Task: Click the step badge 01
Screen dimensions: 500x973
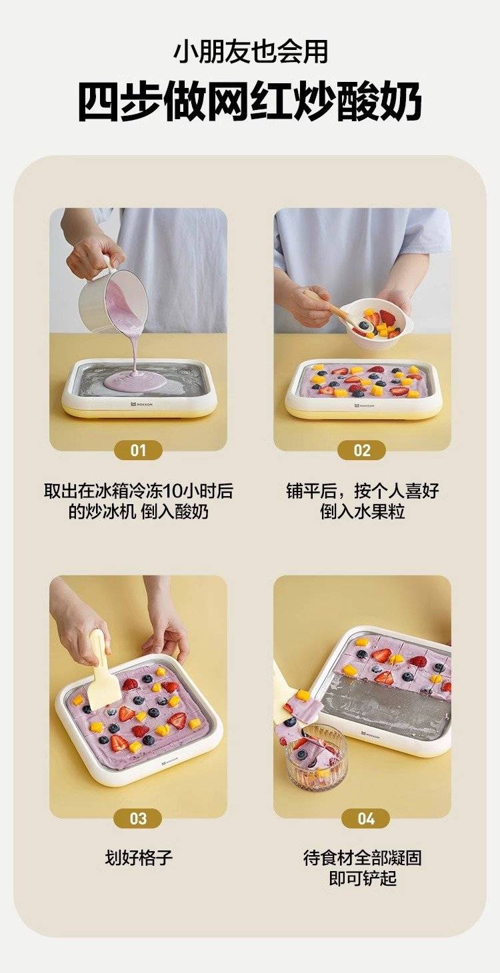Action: tap(138, 450)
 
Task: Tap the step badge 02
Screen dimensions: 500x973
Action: tap(362, 450)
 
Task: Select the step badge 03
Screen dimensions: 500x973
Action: tap(138, 818)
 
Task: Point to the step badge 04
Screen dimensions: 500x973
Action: tap(365, 818)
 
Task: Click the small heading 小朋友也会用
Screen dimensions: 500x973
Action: tap(251, 52)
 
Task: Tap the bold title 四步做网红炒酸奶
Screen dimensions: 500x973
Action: tap(250, 102)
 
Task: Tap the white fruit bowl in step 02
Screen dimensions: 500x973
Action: tap(376, 324)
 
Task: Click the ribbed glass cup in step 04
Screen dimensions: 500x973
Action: tap(317, 759)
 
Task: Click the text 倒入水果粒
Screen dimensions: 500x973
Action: tap(363, 511)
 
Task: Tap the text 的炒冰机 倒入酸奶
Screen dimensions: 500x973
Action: tap(139, 511)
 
